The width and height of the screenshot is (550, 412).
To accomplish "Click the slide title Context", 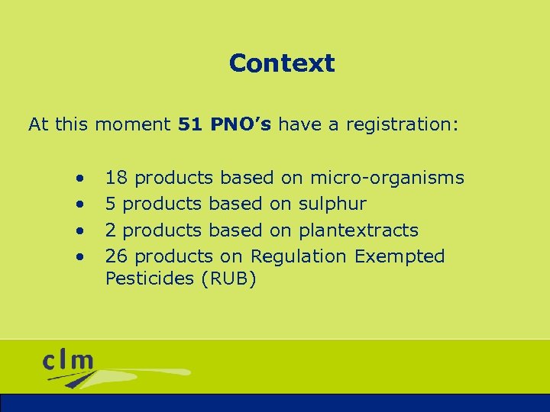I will [281, 63].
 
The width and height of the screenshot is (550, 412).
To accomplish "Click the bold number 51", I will [189, 124].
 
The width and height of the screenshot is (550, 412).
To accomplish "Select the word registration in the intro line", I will [402, 125].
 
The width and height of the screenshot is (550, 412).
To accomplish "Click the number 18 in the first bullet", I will [116, 179].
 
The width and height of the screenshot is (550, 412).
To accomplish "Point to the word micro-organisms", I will [387, 179].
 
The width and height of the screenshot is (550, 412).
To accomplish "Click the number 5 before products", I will [111, 204].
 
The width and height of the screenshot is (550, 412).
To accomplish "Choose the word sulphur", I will [332, 204].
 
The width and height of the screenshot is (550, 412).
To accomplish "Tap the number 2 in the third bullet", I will [111, 230].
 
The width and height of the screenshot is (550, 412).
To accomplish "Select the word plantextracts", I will [358, 230].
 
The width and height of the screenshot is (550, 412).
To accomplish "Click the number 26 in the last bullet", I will [116, 256].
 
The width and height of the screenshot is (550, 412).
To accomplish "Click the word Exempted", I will [400, 256].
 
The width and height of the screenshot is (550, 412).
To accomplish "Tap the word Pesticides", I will [150, 278].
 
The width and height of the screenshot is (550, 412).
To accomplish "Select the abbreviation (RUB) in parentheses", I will [228, 279].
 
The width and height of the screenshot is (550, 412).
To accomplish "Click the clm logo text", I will [69, 361].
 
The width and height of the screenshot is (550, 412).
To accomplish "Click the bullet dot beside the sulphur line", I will [79, 205].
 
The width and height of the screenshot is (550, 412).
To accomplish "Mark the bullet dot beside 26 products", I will [79, 256].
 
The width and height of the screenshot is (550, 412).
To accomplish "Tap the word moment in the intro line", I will [133, 124].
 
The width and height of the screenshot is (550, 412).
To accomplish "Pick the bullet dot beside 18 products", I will [79, 179].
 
